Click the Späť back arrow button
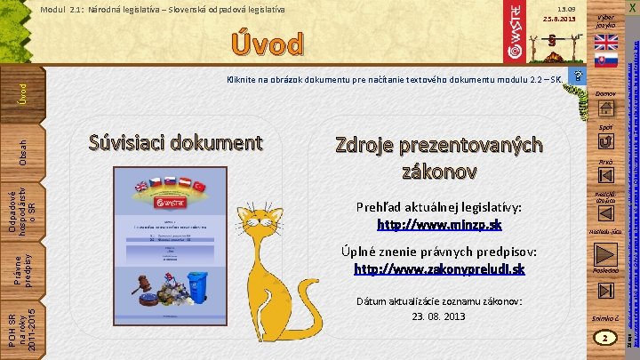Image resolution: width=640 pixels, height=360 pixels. tap(606, 140)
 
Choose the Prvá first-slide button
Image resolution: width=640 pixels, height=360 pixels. tap(606, 176)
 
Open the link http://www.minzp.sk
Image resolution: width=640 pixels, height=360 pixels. tap(439, 224)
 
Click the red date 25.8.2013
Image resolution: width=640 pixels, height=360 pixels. tap(560, 19)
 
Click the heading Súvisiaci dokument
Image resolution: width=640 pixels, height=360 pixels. tap(176, 142)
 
